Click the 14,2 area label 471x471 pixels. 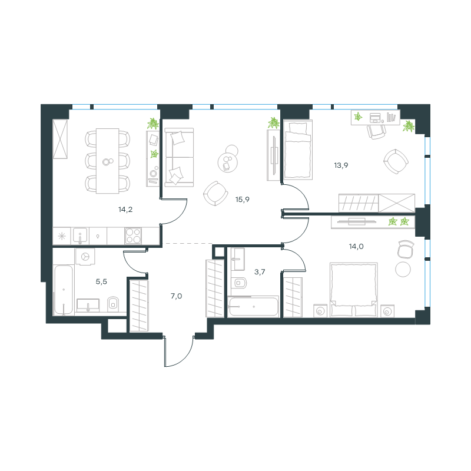pyautogui.click(x=125, y=210)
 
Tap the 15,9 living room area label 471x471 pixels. pyautogui.click(x=243, y=200)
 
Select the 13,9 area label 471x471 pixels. pyautogui.click(x=341, y=165)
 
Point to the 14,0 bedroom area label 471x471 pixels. pyautogui.click(x=356, y=247)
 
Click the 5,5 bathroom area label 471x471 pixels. pyautogui.click(x=101, y=282)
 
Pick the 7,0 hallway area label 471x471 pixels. pyautogui.click(x=176, y=296)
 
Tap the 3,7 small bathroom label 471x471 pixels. pyautogui.click(x=260, y=272)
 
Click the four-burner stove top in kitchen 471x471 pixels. pyautogui.click(x=133, y=235)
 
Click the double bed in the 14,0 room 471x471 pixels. pyautogui.click(x=354, y=290)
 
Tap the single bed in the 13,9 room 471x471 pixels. pyautogui.click(x=298, y=150)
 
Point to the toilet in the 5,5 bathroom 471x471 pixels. pyautogui.click(x=113, y=304)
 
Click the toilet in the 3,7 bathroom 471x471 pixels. pyautogui.click(x=239, y=283)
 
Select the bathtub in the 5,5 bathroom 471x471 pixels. pyautogui.click(x=64, y=290)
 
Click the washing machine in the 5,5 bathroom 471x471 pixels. pyautogui.click(x=85, y=257)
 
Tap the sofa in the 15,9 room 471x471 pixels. pyautogui.click(x=179, y=157)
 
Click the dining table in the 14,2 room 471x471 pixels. pyautogui.click(x=108, y=161)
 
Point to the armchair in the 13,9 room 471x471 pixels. pyautogui.click(x=396, y=161)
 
